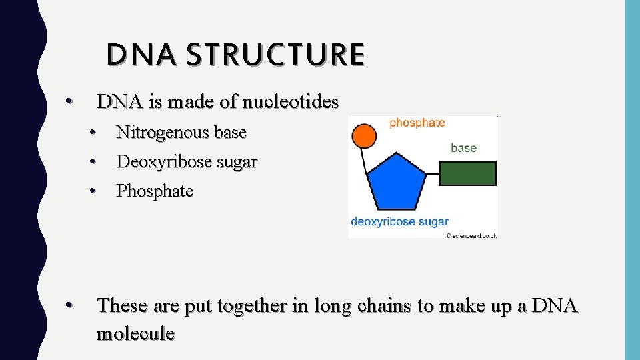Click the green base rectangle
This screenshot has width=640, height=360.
click(467, 173)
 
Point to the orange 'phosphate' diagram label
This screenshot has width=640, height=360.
click(417, 123)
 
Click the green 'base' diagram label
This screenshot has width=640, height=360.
click(463, 148)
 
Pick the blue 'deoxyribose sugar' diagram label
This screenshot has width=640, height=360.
click(399, 221)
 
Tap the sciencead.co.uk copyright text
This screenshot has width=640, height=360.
click(471, 235)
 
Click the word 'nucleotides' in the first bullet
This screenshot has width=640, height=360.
click(291, 102)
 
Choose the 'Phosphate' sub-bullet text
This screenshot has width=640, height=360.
click(155, 191)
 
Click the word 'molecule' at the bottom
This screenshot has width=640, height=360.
click(135, 333)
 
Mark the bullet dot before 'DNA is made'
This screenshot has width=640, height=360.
click(67, 103)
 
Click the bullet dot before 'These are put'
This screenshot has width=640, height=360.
click(67, 306)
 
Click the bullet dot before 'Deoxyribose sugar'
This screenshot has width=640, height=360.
click(95, 162)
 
